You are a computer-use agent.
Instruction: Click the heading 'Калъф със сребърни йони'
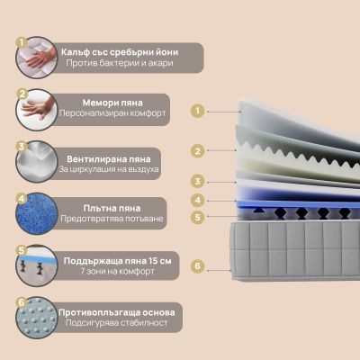point(120,52)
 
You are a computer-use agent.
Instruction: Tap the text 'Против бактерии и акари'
point(120,63)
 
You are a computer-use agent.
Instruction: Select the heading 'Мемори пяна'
point(112,103)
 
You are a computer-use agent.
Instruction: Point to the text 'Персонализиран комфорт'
point(112,113)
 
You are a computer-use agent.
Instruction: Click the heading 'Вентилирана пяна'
point(109,159)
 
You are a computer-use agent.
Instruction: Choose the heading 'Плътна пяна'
point(112,208)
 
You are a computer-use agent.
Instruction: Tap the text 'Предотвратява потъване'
point(112,219)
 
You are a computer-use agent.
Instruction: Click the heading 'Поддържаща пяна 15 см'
point(118,261)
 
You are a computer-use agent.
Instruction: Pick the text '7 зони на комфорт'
point(118,272)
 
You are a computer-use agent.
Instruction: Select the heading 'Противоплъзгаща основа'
point(117,312)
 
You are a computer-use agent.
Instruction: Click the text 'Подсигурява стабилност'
point(117,323)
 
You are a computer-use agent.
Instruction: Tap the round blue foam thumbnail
point(37,213)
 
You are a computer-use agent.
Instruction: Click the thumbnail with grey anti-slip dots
point(37,318)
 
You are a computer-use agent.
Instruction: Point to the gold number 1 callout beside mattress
point(197,111)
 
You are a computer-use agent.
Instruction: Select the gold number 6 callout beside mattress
point(197,266)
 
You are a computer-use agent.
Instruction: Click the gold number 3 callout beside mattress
point(197,182)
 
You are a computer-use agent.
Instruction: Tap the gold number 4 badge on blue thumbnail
point(22,198)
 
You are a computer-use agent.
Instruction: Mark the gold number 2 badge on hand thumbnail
point(22,94)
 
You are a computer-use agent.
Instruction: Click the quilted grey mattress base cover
point(295,250)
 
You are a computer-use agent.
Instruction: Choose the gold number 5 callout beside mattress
point(197,217)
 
